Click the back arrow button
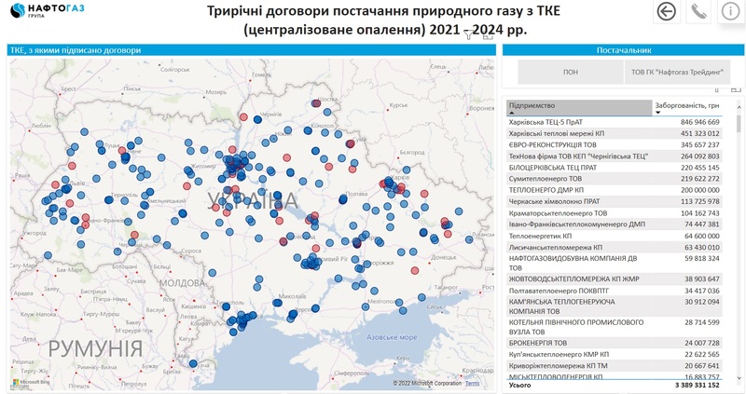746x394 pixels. point(667,11)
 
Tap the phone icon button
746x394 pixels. point(698,11)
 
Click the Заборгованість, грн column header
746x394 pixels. point(687,106)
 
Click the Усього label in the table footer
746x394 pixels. point(520,384)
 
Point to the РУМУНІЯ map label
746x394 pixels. point(95,348)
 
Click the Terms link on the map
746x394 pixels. point(473,383)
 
